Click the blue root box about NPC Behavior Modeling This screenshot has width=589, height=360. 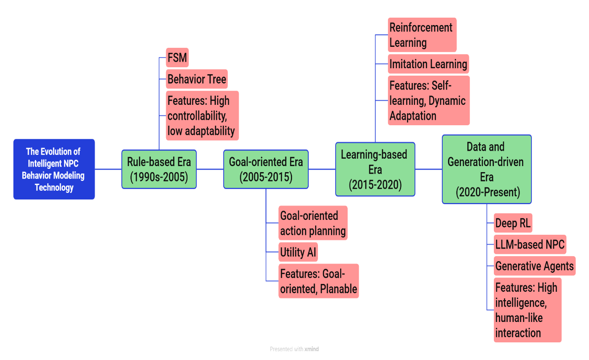tap(54, 169)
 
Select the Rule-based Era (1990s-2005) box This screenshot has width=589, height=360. tap(159, 169)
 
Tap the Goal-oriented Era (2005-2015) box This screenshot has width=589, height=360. tap(266, 169)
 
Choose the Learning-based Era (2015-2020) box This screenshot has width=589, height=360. tap(375, 169)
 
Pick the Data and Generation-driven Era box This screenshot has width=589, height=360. tap(487, 169)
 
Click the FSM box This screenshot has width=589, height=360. tap(177, 58)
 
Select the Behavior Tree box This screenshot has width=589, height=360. tap(197, 79)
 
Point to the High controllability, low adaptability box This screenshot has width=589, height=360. tap(202, 116)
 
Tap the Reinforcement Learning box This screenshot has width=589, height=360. tap(422, 35)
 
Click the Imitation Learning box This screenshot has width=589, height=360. tap(428, 64)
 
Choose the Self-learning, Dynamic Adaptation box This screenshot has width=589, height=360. tap(428, 100)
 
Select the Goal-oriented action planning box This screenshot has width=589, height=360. tap(313, 223)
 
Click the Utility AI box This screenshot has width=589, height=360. tap(298, 252)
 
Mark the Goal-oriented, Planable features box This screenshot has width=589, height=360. tap(318, 281)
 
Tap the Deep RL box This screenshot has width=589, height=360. tap(513, 223)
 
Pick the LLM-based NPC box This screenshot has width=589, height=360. tap(530, 244)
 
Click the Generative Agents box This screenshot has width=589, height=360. tap(535, 266)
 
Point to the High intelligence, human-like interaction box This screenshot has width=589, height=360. tap(527, 310)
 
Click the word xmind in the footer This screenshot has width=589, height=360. tap(311, 349)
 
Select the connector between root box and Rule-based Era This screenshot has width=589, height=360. tap(108, 169)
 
